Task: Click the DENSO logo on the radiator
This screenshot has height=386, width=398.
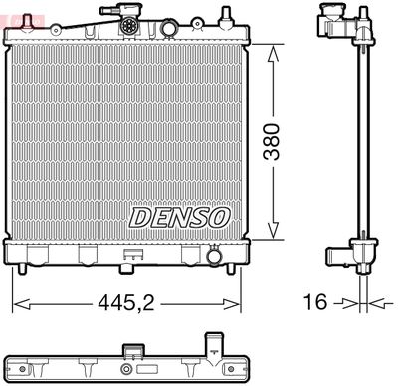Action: click(x=180, y=216)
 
